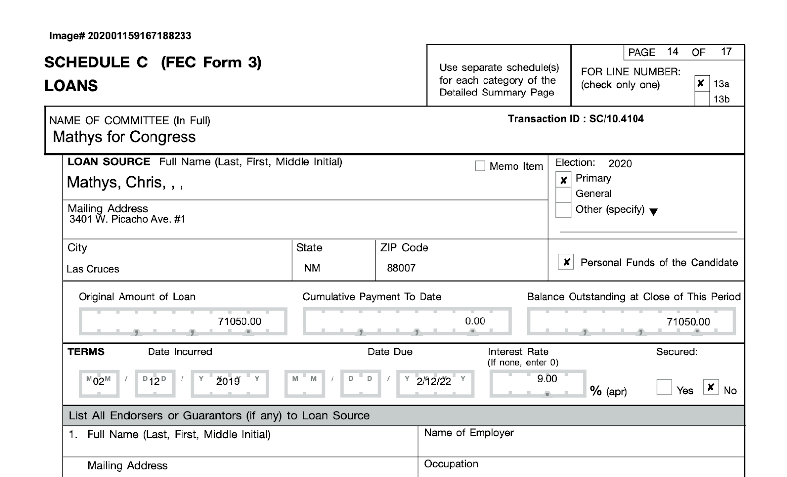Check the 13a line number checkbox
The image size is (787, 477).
pyautogui.click(x=701, y=83)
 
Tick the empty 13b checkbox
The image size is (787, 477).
pyautogui.click(x=701, y=99)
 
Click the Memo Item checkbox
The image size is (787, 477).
pyautogui.click(x=480, y=166)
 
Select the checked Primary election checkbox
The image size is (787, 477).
pyautogui.click(x=563, y=180)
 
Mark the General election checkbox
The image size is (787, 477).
pyautogui.click(x=563, y=194)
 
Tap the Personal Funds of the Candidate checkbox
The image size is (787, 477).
pyautogui.click(x=566, y=262)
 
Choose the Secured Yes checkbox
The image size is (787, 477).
pyautogui.click(x=664, y=387)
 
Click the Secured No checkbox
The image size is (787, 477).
pyautogui.click(x=710, y=387)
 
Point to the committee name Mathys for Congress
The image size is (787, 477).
pyautogui.click(x=124, y=137)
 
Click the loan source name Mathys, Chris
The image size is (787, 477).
pyautogui.click(x=125, y=183)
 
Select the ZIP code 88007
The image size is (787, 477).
pyautogui.click(x=401, y=268)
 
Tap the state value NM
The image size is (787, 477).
pyautogui.click(x=312, y=268)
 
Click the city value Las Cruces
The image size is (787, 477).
pyautogui.click(x=93, y=269)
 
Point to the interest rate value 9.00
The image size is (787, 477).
pyautogui.click(x=547, y=379)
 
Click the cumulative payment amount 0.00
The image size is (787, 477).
pyautogui.click(x=475, y=321)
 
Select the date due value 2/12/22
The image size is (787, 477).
pyautogui.click(x=433, y=382)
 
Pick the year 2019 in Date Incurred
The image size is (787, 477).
pyautogui.click(x=228, y=382)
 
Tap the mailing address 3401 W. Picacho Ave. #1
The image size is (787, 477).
pyautogui.click(x=127, y=219)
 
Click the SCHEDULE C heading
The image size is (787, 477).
pyautogui.click(x=96, y=63)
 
